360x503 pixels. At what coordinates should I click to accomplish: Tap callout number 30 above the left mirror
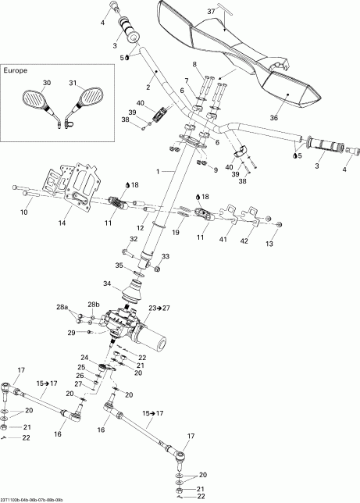click(46, 84)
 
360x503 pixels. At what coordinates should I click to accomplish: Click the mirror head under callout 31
click(91, 98)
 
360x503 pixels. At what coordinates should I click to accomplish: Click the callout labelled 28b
click(95, 305)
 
